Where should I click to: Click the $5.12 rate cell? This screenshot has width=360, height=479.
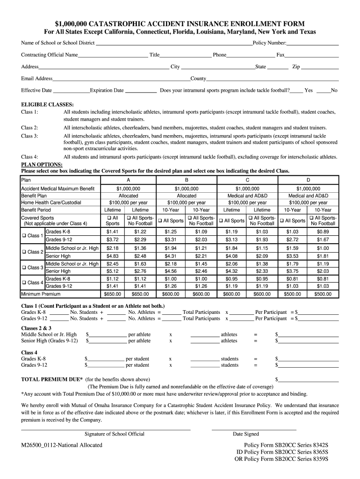click(x=113, y=271)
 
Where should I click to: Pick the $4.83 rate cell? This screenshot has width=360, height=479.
click(x=113, y=256)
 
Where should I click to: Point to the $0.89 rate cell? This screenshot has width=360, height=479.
click(x=323, y=232)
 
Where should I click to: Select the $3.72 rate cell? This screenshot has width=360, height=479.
click(x=113, y=240)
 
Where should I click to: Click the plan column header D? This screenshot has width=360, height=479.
click(x=308, y=180)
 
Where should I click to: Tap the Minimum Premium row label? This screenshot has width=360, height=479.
click(x=41, y=294)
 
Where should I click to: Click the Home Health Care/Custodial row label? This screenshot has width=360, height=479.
click(x=51, y=203)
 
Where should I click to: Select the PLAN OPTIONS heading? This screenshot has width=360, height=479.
click(x=42, y=165)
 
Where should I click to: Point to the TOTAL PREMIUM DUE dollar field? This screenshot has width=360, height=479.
click(x=309, y=379)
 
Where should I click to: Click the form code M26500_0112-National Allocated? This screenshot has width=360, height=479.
click(x=61, y=445)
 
